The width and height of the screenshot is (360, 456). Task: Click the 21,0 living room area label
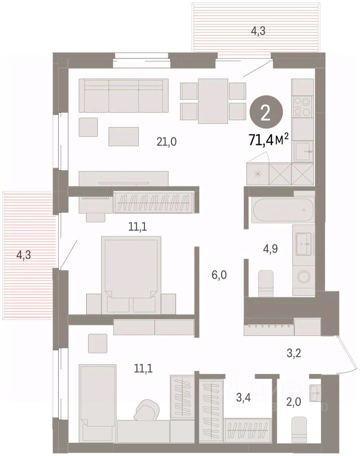click(x=166, y=142)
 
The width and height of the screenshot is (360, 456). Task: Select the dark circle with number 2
click(x=266, y=114)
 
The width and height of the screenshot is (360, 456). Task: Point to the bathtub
click(x=283, y=209)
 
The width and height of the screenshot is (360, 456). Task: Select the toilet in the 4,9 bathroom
click(x=266, y=284)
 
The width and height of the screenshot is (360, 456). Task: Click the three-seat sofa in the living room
click(x=124, y=95)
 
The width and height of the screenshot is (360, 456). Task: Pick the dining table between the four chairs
click(x=213, y=101)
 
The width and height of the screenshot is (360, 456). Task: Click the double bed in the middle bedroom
click(x=131, y=275)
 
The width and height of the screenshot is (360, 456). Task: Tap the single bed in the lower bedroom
click(x=98, y=408)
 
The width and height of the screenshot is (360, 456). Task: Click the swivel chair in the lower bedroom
click(x=147, y=410)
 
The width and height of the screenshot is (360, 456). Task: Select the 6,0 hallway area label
click(x=219, y=275)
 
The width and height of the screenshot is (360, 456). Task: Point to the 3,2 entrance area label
click(x=294, y=353)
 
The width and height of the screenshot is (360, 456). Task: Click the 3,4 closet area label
click(x=243, y=397)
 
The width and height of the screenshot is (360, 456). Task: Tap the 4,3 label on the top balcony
click(x=258, y=31)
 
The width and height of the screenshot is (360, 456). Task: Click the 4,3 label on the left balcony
click(x=24, y=255)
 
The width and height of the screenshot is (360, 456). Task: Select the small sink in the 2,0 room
click(x=315, y=393)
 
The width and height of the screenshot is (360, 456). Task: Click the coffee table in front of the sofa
click(x=124, y=136)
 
